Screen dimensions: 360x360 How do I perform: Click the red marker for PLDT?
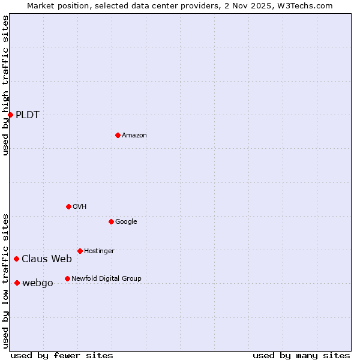click(x=10, y=115)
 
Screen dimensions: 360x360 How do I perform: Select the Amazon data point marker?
click(x=118, y=135)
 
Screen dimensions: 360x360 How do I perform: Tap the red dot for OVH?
click(x=68, y=206)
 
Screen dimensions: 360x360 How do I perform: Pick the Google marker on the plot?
click(x=111, y=221)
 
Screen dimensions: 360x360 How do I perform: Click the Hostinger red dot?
click(x=80, y=251)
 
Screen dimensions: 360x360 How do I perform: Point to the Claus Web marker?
click(x=16, y=259)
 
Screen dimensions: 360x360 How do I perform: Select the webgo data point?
click(x=17, y=283)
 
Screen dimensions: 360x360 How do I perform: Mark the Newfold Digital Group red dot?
click(x=67, y=278)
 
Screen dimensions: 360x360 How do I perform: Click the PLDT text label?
click(x=28, y=115)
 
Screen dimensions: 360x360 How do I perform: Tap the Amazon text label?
click(x=134, y=136)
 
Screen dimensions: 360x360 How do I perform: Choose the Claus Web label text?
click(x=47, y=259)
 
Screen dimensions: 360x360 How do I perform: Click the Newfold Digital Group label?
click(x=106, y=278)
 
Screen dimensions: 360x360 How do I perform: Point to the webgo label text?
click(x=37, y=283)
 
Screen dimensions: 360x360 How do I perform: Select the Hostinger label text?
click(x=99, y=251)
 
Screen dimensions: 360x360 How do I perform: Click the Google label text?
click(x=126, y=222)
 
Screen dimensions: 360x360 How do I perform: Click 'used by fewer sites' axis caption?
click(x=62, y=355)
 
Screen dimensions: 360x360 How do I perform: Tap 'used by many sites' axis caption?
click(x=301, y=355)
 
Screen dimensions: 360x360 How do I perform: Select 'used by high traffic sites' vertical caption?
click(x=5, y=85)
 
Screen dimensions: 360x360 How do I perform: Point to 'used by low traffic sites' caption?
click(x=5, y=281)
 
